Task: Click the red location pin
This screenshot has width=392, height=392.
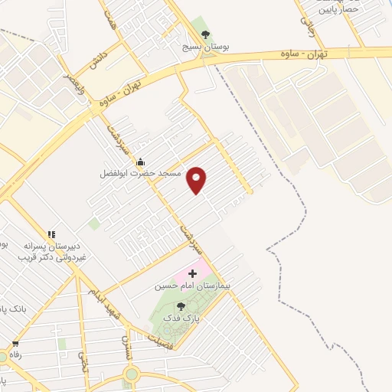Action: click(197, 180)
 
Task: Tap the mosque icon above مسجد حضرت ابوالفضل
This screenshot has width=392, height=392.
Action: click(140, 162)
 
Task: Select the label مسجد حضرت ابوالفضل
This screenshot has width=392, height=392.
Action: click(140, 174)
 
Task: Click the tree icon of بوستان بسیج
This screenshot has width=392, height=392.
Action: click(204, 34)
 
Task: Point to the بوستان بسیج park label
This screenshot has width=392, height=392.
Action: click(204, 47)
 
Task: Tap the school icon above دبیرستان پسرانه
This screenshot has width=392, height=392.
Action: click(51, 234)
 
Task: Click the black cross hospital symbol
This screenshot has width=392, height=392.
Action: click(192, 273)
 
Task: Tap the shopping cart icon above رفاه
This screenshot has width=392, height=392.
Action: click(15, 345)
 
